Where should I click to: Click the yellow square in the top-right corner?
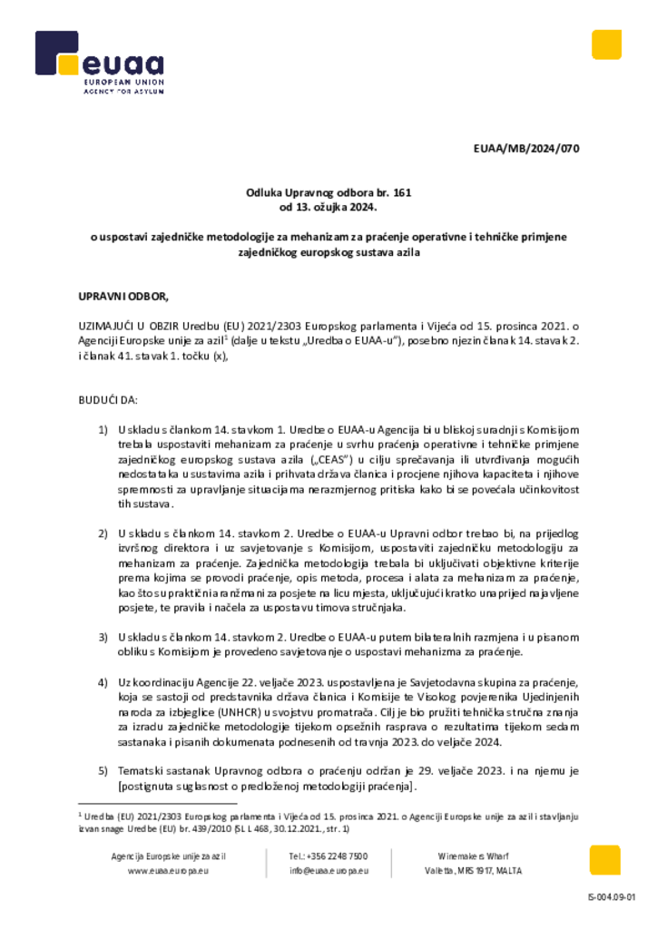tap(606, 44)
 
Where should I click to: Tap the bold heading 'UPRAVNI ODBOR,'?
tap(124, 296)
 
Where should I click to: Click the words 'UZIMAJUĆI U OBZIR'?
tap(124, 325)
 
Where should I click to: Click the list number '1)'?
tap(103, 429)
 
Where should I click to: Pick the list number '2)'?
tap(103, 533)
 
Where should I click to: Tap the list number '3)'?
tap(103, 638)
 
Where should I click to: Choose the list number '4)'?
tap(103, 681)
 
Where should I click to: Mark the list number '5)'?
tap(103, 770)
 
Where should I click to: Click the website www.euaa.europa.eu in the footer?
tap(169, 871)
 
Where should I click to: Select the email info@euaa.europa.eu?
tap(328, 871)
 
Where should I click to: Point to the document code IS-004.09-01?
tap(612, 898)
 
